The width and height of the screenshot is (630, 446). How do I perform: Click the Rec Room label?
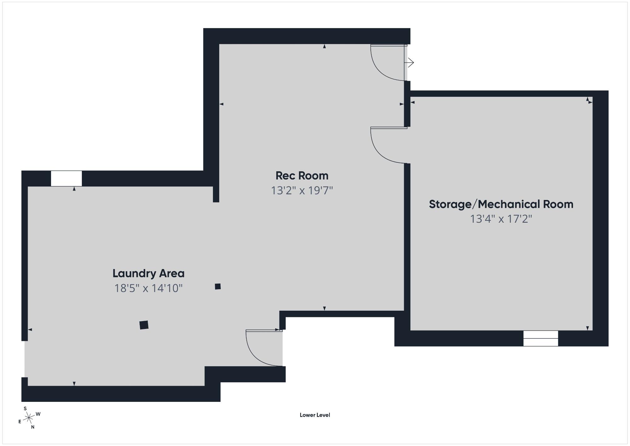pyautogui.click(x=302, y=175)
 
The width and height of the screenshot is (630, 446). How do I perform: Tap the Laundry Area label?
pyautogui.click(x=148, y=273)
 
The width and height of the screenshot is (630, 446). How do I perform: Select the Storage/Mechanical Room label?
pyautogui.click(x=501, y=204)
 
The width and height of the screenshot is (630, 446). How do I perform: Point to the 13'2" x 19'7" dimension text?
pyautogui.click(x=302, y=191)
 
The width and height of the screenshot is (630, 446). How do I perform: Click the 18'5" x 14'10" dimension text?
pyautogui.click(x=148, y=288)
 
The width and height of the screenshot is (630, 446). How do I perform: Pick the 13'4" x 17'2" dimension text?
pyautogui.click(x=501, y=219)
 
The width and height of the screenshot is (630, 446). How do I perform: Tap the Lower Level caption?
pyautogui.click(x=315, y=415)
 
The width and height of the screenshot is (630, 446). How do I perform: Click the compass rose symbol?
pyautogui.click(x=29, y=418)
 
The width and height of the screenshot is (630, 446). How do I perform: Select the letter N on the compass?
pyautogui.click(x=32, y=427)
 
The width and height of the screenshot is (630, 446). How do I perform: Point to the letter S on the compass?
pyautogui.click(x=25, y=408)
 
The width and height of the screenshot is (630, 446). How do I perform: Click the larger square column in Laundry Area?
pyautogui.click(x=144, y=325)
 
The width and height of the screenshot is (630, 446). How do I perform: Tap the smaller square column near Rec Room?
pyautogui.click(x=218, y=286)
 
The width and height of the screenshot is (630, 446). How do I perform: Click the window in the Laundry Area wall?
pyautogui.click(x=66, y=179)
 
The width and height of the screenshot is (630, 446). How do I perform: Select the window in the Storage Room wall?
pyautogui.click(x=541, y=338)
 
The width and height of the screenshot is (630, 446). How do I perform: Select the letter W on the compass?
pyautogui.click(x=38, y=414)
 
